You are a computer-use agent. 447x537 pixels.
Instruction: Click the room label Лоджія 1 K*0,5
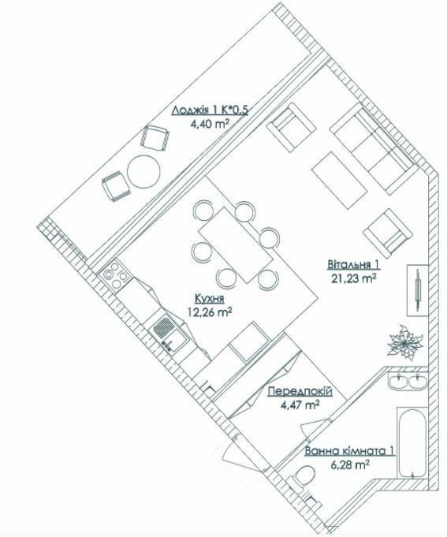click(210, 110)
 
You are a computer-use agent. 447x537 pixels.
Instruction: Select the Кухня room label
click(209, 299)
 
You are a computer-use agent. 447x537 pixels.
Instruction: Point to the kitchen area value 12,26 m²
click(209, 311)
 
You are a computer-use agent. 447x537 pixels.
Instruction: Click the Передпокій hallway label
click(300, 392)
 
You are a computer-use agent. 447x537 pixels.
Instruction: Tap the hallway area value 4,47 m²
click(300, 405)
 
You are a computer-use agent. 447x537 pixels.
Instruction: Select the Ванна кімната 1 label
click(348, 451)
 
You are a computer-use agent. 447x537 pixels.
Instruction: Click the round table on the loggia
click(145, 171)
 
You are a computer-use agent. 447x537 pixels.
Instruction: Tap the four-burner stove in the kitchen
click(115, 276)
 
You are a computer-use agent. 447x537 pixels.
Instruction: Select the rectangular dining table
click(235, 243)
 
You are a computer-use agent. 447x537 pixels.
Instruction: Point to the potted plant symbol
click(402, 341)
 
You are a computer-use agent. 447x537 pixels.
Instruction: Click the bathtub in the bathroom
click(411, 443)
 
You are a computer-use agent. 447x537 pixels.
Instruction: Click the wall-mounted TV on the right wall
click(415, 289)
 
